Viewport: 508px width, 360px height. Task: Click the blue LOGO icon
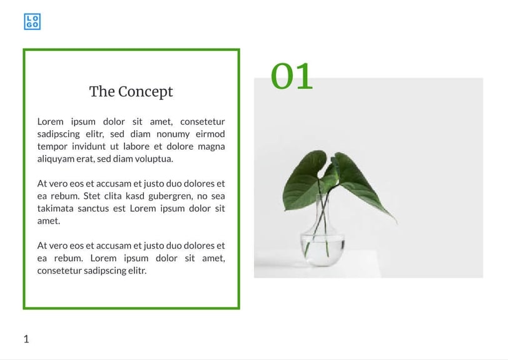32,22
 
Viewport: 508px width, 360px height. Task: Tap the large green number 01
292,76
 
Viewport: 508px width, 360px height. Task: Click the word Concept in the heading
145,91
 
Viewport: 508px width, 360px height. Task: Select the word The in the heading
102,91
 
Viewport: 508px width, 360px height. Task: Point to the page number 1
26,339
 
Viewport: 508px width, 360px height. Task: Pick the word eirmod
210,134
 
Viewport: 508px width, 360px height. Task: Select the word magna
211,147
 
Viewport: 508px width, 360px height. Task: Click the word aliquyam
57,159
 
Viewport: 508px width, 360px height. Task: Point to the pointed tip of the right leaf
396,222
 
